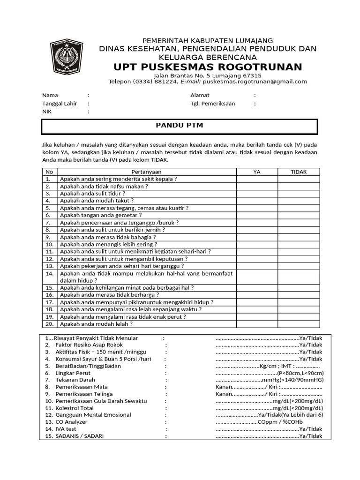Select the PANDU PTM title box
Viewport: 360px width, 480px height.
pos(180,127)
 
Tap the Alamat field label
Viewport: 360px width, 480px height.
pos(199,95)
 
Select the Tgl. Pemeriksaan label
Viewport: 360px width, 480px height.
pos(212,104)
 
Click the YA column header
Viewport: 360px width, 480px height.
pos(256,172)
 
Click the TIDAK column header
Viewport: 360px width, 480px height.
pos(299,172)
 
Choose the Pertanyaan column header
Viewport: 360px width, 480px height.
pos(146,172)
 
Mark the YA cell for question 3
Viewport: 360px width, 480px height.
pos(256,193)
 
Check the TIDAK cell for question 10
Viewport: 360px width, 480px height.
pos(299,244)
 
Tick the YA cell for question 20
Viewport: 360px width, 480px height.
pos(256,324)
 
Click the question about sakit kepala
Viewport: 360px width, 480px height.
pos(118,179)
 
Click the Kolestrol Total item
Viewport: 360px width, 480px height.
pos(75,408)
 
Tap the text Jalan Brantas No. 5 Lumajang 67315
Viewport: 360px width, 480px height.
pos(208,75)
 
